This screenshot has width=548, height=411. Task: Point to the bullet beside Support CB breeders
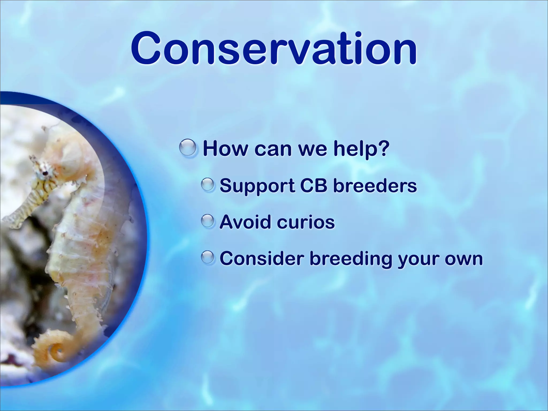click(208, 185)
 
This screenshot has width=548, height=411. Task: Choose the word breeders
click(375, 185)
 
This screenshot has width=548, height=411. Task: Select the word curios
click(306, 222)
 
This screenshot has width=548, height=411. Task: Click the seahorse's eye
click(46, 173)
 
